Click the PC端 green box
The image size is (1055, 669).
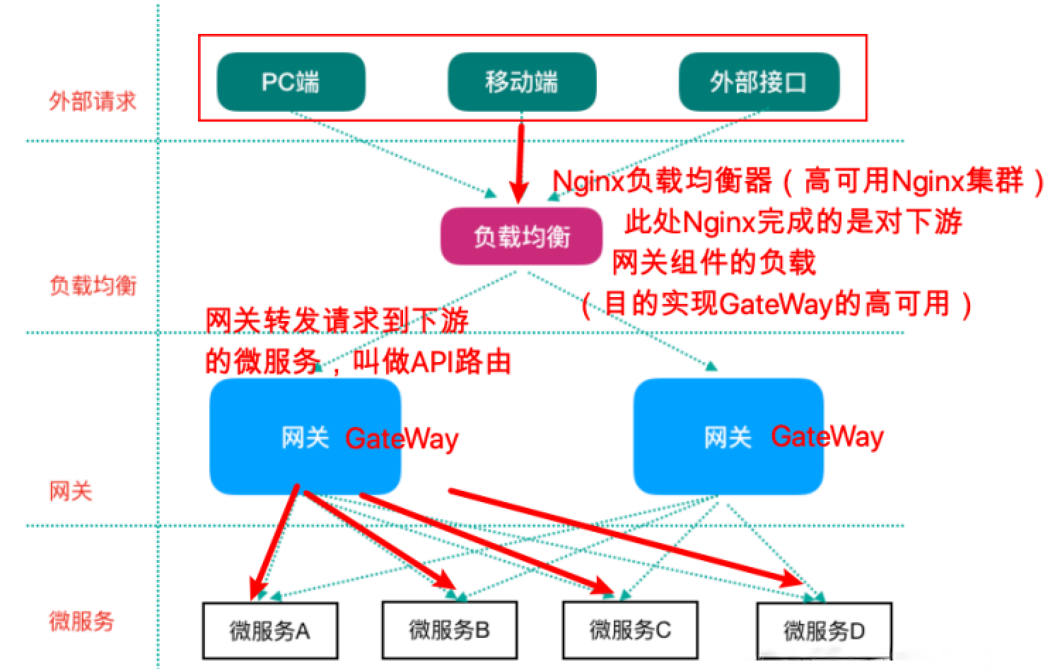pos(291,82)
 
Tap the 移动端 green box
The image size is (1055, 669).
pos(521,82)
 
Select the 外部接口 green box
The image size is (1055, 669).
pos(758,82)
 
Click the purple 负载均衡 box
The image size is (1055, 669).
pos(521,236)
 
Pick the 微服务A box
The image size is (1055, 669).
pos(269,631)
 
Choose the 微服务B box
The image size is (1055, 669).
pos(449,631)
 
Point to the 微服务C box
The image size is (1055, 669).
pos(630,631)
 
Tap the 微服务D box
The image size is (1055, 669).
pos(824,631)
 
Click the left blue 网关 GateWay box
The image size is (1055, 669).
pos(305,437)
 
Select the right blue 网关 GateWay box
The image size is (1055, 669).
pos(728,437)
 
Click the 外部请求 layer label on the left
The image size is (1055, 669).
pos(92,101)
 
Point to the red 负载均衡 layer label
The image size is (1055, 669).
pos(93,286)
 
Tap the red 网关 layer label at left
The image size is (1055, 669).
pos(71,491)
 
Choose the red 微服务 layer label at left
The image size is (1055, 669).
pos(81,622)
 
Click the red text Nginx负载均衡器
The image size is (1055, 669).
pos(662,182)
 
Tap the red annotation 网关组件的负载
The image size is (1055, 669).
pos(713,263)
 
